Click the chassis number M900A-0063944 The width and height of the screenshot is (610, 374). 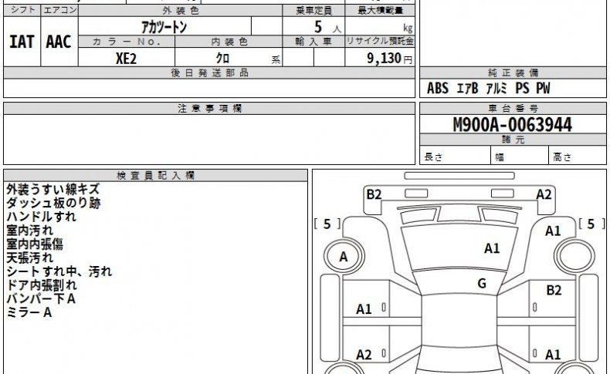point(513,125)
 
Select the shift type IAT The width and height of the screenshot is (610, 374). point(22,42)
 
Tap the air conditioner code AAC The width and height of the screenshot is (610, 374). point(59,42)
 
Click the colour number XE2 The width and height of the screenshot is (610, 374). point(126,59)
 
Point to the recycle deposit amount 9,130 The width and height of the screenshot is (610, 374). point(384,59)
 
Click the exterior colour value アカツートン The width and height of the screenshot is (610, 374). point(164,27)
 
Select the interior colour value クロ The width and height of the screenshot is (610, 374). point(222,59)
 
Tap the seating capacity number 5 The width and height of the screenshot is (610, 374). point(318,27)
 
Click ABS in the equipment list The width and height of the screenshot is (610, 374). point(438,88)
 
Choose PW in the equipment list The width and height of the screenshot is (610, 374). point(543,88)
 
